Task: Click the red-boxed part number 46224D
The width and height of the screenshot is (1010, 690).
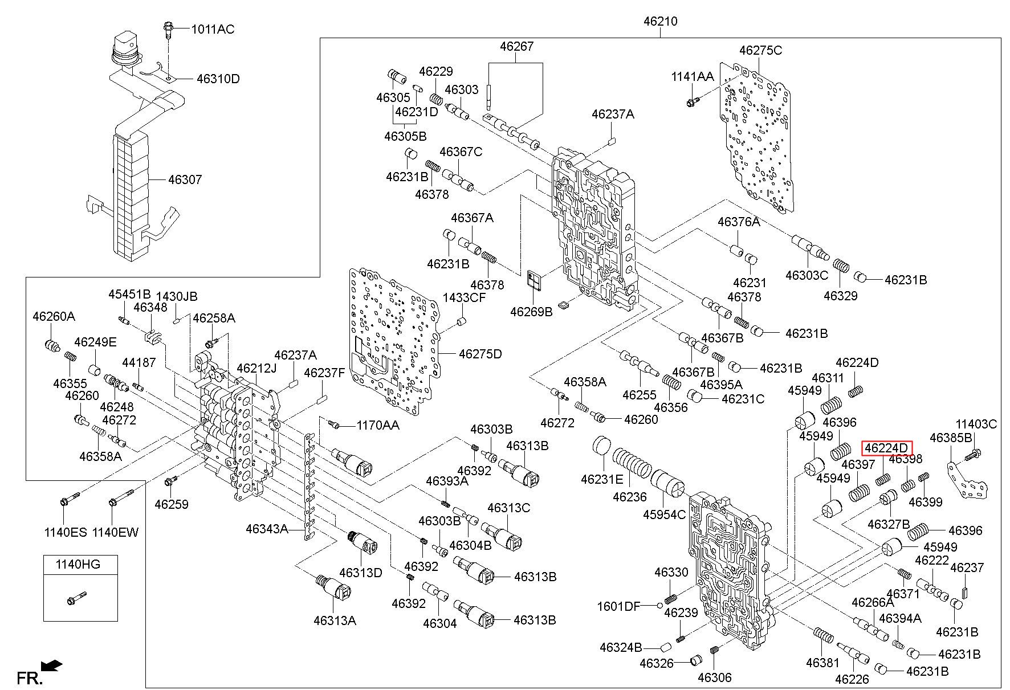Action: pyautogui.click(x=886, y=448)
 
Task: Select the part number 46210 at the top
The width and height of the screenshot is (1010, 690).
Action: pyautogui.click(x=661, y=22)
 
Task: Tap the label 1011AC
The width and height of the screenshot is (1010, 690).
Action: pyautogui.click(x=212, y=29)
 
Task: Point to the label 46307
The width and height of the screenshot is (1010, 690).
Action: pyautogui.click(x=185, y=179)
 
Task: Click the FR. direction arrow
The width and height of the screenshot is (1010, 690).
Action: pyautogui.click(x=51, y=665)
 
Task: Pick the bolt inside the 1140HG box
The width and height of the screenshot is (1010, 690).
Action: pyautogui.click(x=76, y=598)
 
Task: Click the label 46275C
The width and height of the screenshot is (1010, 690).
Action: pyautogui.click(x=760, y=50)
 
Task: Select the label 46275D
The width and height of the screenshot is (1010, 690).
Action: pyautogui.click(x=480, y=354)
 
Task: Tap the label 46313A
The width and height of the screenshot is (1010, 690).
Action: pyautogui.click(x=335, y=620)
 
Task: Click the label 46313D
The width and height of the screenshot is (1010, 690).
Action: pyautogui.click(x=361, y=572)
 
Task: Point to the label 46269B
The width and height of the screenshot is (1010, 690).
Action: pyautogui.click(x=531, y=312)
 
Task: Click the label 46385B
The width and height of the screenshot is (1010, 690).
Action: pyautogui.click(x=951, y=438)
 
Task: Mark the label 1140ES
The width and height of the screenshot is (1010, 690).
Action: pyautogui.click(x=66, y=532)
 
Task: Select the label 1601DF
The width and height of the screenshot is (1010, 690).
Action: pyautogui.click(x=619, y=606)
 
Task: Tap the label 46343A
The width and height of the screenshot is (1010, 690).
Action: pyautogui.click(x=267, y=529)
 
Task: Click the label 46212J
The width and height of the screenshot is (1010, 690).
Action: pyautogui.click(x=256, y=368)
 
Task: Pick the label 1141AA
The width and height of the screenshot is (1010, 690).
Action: pyautogui.click(x=693, y=76)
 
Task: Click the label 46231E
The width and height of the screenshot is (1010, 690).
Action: pyautogui.click(x=602, y=479)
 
